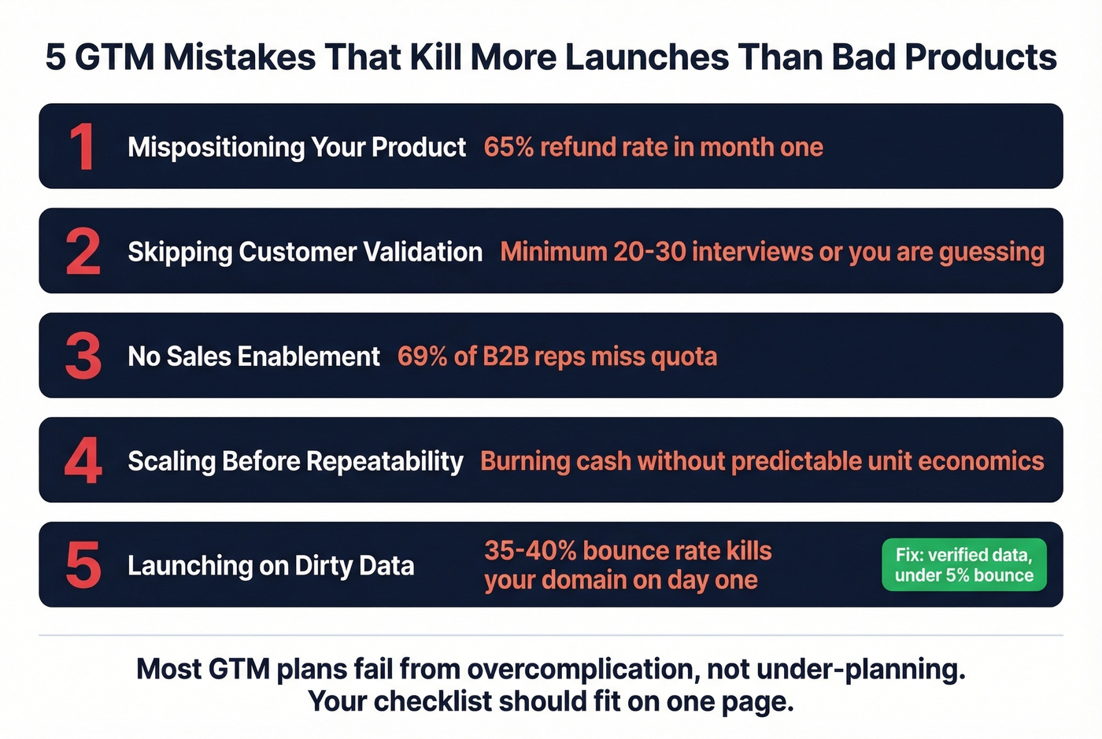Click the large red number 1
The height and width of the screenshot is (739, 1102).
[x=82, y=146]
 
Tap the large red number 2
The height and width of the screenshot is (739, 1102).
[x=83, y=251]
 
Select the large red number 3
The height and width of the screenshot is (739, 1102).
[x=83, y=356]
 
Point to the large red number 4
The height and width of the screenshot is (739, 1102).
[x=83, y=460]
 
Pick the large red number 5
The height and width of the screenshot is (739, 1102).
[x=83, y=565]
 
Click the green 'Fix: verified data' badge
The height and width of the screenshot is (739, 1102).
[x=963, y=564]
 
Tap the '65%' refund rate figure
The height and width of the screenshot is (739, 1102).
[x=508, y=147]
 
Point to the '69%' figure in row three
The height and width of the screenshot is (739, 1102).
[x=423, y=357]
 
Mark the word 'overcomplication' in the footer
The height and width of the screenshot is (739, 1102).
[x=582, y=669]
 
